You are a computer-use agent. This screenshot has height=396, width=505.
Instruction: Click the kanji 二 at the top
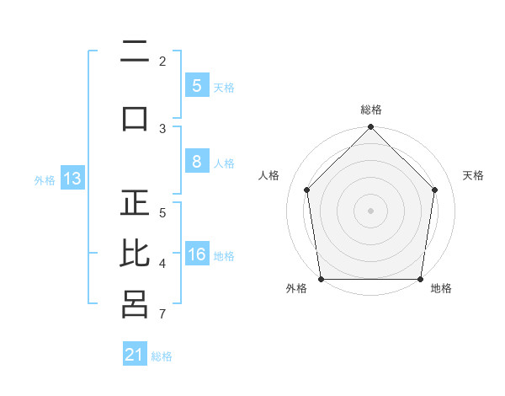(135, 51)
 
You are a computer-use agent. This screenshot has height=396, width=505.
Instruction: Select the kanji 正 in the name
(135, 202)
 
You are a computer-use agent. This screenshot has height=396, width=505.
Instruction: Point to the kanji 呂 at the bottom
(135, 304)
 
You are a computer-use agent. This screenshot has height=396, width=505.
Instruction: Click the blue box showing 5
(197, 85)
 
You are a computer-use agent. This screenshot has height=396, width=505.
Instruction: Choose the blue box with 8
(197, 161)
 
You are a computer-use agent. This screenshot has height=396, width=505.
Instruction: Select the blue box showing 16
(197, 253)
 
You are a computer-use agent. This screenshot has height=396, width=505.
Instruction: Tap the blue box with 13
(72, 178)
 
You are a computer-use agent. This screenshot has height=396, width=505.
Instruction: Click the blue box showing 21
(135, 353)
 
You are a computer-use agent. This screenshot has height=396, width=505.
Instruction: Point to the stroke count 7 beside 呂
(162, 313)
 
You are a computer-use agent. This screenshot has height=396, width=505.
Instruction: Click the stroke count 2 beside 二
(162, 62)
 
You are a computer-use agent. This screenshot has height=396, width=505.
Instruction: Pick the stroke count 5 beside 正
(162, 213)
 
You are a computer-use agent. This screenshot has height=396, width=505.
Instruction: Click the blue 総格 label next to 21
(162, 356)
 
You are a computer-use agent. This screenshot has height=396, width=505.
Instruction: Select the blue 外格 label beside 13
(45, 180)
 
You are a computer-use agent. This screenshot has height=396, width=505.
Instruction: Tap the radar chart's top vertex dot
(370, 126)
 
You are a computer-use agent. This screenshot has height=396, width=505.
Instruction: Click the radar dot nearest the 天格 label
(434, 190)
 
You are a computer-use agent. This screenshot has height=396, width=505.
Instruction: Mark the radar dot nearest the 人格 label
(307, 190)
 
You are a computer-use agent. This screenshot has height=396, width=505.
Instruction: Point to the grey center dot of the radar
(370, 211)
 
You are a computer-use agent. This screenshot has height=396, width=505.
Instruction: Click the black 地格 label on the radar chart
(441, 288)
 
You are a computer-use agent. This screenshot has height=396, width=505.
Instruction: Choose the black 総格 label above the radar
(371, 110)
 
